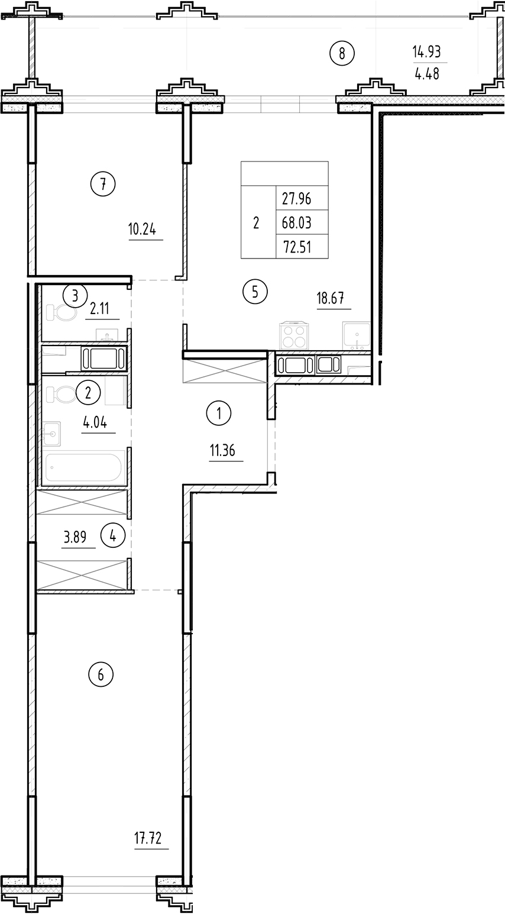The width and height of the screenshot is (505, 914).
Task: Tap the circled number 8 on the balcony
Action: [342, 54]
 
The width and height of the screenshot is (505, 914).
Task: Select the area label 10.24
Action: [143, 228]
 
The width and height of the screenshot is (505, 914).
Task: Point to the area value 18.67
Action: [331, 298]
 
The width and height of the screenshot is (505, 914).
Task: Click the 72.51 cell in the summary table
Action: [297, 247]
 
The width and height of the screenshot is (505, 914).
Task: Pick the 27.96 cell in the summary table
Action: [297, 198]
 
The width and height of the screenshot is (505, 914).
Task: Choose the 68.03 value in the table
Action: [297, 223]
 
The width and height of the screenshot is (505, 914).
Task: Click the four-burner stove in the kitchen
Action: [293, 336]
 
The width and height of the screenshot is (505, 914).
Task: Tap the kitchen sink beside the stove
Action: [356, 337]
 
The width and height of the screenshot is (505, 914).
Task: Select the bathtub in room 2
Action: [83, 466]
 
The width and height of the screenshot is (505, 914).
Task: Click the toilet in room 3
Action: [61, 312]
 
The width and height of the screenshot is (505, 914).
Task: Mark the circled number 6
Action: [101, 674]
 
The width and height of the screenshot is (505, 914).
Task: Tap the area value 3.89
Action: [75, 537]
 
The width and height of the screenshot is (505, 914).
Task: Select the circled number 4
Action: [113, 536]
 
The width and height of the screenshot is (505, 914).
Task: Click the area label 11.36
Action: [222, 451]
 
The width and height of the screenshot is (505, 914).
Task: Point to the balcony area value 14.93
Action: [427, 52]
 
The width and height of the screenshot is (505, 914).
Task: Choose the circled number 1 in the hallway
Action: [219, 414]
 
